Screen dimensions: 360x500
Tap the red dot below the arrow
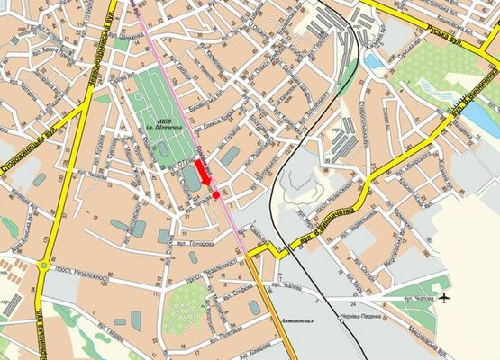tap(216, 194)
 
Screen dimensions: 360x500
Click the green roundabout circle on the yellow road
tap(43, 265)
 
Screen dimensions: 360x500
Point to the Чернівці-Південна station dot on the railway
tap(341, 317)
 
